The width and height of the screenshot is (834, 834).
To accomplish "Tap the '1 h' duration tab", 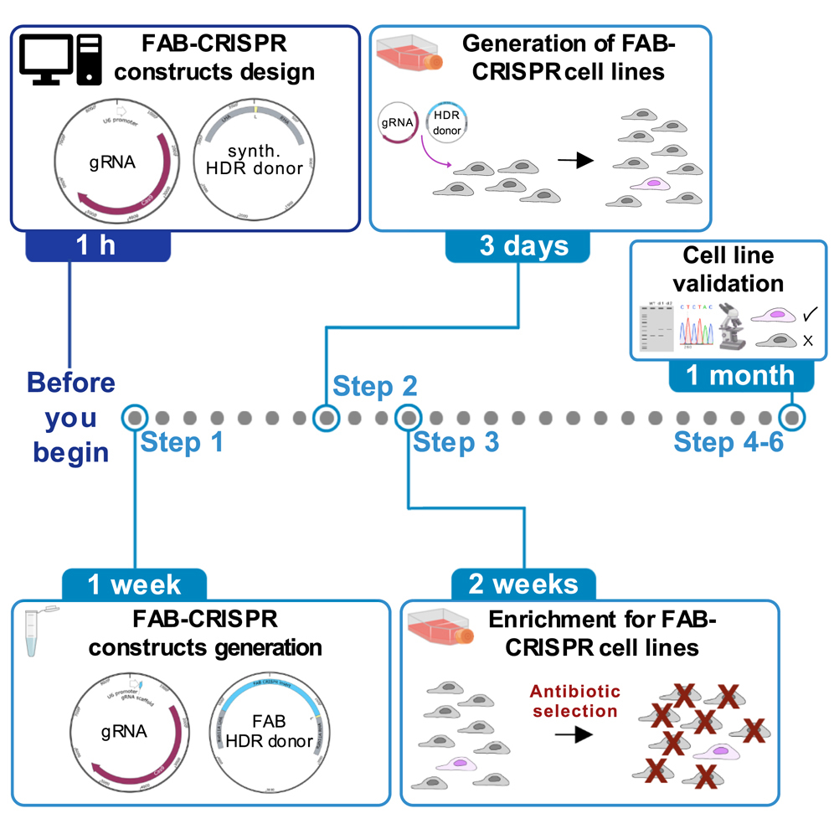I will pos(98,245).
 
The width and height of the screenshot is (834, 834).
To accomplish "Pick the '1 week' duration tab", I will pos(134,584).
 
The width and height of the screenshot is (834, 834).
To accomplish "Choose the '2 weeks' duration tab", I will pos(523,584).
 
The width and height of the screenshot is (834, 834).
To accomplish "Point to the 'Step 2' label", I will pos(374,386).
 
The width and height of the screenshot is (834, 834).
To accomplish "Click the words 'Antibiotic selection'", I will pos(574,701).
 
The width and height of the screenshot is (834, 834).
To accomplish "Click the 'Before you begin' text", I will pos(71,417).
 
